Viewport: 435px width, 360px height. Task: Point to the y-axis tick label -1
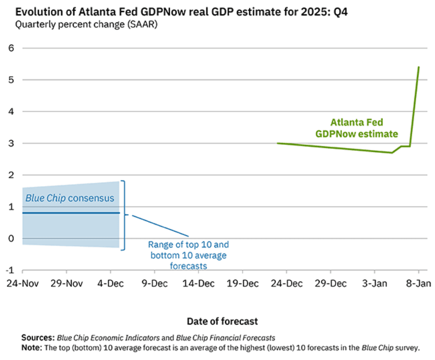pos(9,270)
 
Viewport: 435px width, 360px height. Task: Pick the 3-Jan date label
pos(374,284)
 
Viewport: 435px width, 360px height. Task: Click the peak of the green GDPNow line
pos(419,67)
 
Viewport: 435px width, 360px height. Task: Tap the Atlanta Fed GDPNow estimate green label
pos(364,128)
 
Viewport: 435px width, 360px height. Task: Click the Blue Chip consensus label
pos(69,198)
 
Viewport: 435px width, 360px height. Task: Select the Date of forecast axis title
pos(222,321)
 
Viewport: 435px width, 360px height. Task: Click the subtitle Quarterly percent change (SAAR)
pos(86,25)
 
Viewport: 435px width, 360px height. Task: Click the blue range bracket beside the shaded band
pos(124,215)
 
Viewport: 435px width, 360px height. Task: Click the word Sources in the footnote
pos(38,337)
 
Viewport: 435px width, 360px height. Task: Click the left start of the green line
pos(278,143)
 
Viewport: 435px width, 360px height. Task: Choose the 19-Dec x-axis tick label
pos(242,284)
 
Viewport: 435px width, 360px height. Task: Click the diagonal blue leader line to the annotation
pos(160,226)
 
